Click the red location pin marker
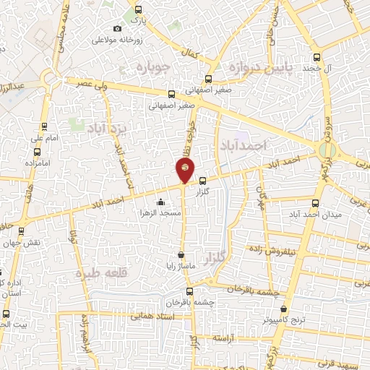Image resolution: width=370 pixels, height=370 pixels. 185,169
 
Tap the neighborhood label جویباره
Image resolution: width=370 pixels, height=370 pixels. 152,68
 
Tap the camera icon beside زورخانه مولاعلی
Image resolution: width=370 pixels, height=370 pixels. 117,28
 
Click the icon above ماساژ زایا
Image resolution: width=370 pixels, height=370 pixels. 181,255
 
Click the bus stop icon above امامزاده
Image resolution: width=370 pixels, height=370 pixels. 37,152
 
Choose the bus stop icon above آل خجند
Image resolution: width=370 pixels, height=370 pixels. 316,58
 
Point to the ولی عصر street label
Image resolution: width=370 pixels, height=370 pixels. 91,84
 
